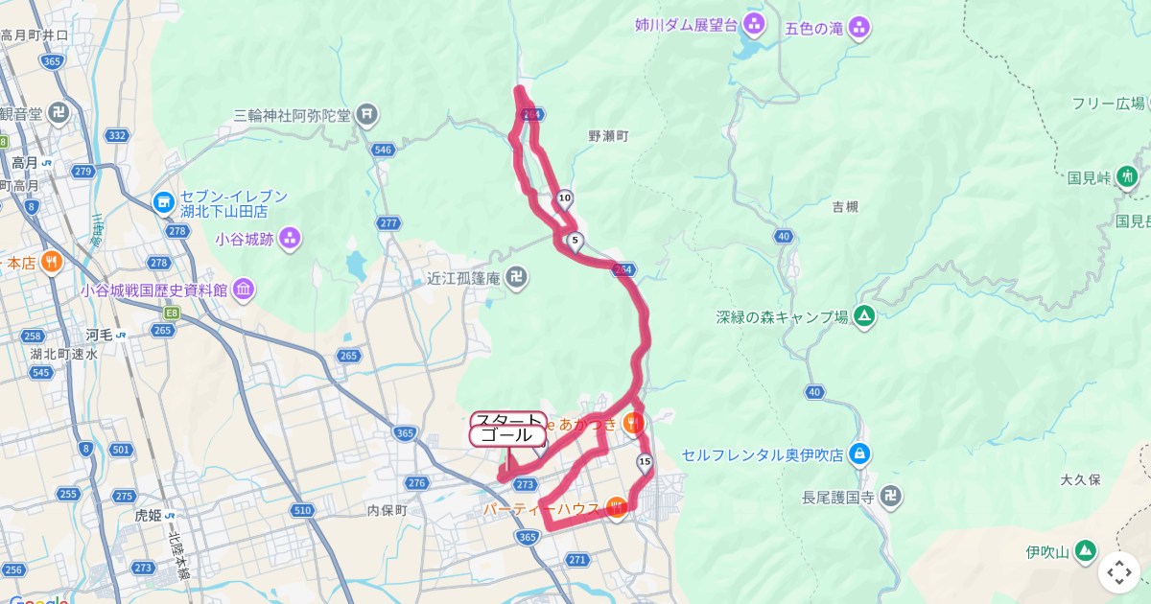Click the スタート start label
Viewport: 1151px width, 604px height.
point(508,420)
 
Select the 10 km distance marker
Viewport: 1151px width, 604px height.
point(565,199)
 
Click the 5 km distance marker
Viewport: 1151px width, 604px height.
point(575,241)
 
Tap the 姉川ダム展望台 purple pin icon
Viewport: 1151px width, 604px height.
point(756,25)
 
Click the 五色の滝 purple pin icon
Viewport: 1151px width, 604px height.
point(859,28)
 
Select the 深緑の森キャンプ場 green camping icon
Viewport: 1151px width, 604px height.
point(864,316)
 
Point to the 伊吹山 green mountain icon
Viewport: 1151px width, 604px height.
point(1085,551)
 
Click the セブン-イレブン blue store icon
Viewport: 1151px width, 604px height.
point(162,202)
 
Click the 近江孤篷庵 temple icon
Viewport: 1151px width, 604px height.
point(517,278)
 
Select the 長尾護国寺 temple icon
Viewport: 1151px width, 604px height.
point(891,497)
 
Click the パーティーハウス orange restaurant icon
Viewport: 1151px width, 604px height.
point(616,508)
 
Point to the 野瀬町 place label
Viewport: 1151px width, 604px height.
point(607,137)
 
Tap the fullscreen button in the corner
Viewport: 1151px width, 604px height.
point(1119,572)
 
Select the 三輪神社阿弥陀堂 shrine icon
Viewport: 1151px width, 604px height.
point(367,116)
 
